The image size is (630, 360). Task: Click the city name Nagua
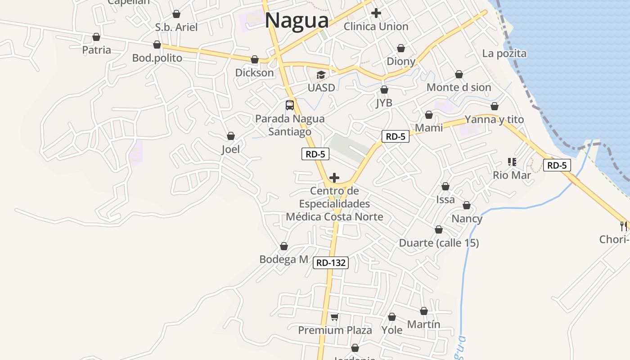(x=297, y=21)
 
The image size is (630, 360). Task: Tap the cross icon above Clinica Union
(x=376, y=13)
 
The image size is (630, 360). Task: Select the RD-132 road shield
(x=331, y=263)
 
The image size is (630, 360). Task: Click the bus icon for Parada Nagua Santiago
(x=290, y=105)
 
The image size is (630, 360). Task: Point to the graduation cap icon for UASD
(x=321, y=75)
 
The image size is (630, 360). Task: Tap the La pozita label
(x=504, y=54)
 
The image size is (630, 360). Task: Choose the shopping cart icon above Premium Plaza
(x=334, y=317)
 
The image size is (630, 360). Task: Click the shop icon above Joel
(x=231, y=136)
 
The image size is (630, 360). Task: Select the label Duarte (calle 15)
(x=439, y=243)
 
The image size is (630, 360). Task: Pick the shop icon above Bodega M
(x=284, y=246)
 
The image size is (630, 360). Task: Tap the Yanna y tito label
(x=494, y=119)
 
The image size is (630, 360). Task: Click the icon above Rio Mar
(x=512, y=162)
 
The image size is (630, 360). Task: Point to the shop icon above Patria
(x=96, y=37)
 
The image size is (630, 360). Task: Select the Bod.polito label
(x=157, y=58)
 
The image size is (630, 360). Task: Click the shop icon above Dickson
(x=255, y=59)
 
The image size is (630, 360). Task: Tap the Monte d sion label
(x=459, y=87)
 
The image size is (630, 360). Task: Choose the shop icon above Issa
(x=445, y=186)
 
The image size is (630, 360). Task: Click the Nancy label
(x=467, y=219)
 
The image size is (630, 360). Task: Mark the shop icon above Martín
(x=424, y=311)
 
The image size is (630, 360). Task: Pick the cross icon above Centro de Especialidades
(x=334, y=178)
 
